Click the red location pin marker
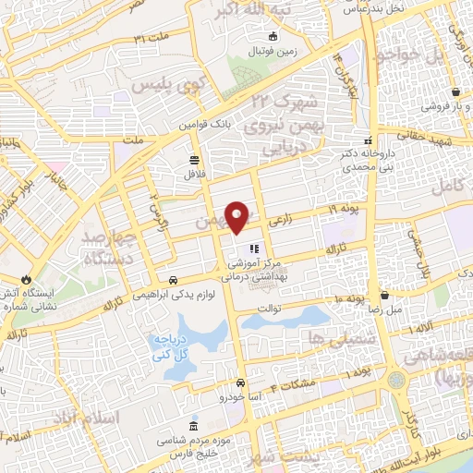pos(238,216)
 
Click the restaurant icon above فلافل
pos(193,159)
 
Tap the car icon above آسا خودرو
pos(240,382)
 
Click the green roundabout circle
pos(397,379)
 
